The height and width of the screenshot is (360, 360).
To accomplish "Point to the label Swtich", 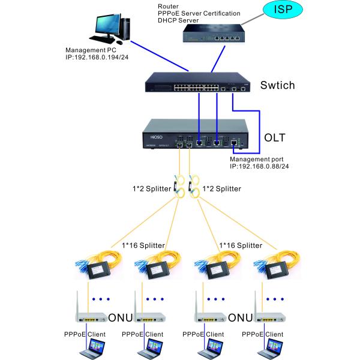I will click(x=277, y=85).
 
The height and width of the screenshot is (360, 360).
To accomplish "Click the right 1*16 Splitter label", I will click(x=241, y=245).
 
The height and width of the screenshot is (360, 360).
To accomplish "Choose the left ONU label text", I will click(x=121, y=317).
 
